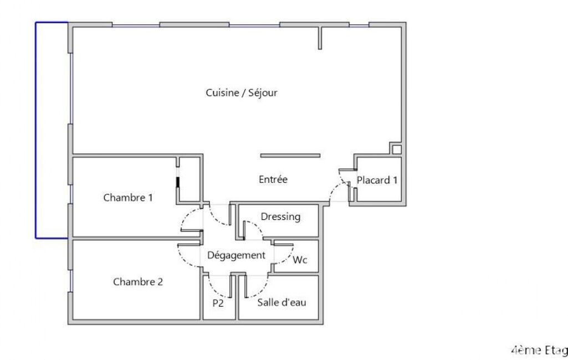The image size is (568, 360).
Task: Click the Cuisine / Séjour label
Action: [x=242, y=92]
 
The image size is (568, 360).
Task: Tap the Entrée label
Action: [x=273, y=179]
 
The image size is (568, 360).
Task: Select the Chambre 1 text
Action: [x=128, y=197]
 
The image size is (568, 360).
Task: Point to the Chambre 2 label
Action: [x=138, y=282]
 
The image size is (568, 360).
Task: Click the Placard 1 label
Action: [x=377, y=180]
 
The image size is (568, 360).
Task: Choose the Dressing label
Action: [x=281, y=217]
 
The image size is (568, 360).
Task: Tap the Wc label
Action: [x=300, y=260]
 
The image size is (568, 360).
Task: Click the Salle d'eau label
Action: [x=282, y=302]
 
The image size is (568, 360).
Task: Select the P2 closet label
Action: [x=218, y=303]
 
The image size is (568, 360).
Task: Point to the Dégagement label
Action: [x=236, y=255]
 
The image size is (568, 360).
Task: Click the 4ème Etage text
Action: [x=539, y=350]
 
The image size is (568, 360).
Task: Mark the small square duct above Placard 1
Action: [x=397, y=149]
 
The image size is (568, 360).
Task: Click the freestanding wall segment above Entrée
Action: [x=290, y=156]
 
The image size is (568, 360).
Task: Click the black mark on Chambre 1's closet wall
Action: [x=177, y=182]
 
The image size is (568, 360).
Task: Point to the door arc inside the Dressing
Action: [x=254, y=230]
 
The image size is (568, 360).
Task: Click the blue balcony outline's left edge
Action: [x=36, y=130]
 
